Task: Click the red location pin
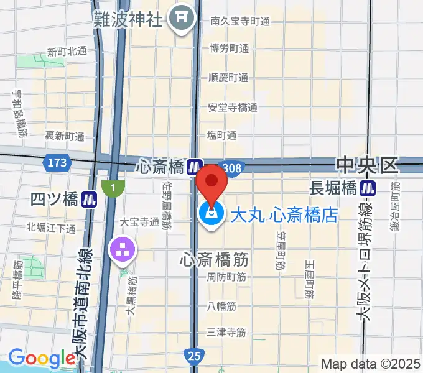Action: (211, 183)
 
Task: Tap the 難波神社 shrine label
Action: (128, 19)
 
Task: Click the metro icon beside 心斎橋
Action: (195, 167)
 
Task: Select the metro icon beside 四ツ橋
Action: (91, 200)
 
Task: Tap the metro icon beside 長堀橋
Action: (371, 187)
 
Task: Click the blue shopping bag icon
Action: (211, 215)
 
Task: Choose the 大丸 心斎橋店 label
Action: (284, 216)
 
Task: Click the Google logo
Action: (42, 358)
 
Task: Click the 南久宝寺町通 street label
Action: (239, 22)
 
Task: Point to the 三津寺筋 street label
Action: (226, 333)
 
